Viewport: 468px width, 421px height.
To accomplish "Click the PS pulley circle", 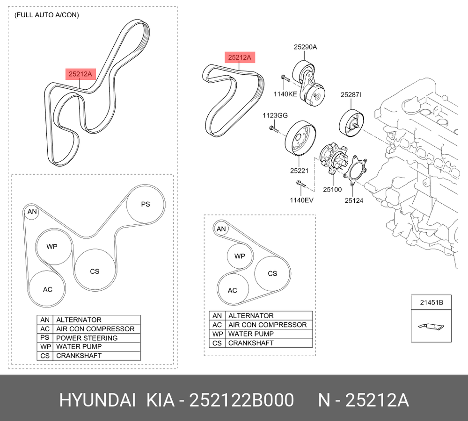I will coord(146,204).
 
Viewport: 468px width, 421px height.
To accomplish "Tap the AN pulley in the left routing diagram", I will coord(32,213).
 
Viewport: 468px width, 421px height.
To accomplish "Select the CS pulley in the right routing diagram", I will coord(272,274).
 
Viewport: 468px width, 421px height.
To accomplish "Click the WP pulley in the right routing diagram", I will coord(240,256).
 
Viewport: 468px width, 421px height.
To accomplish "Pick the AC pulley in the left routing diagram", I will coord(48,289).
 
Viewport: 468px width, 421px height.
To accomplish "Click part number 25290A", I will coord(306,47).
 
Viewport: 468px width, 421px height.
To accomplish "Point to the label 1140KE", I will coord(285,94).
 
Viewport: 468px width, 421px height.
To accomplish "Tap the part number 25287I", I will coord(351,94).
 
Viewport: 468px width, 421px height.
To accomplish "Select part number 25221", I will coord(299,171).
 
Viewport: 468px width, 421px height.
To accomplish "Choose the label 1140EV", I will coord(302,200).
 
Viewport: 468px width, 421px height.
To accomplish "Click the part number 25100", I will coord(332,190).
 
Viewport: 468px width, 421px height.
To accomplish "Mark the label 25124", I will coord(354,200).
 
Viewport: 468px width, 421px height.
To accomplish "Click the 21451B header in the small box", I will coord(431,303).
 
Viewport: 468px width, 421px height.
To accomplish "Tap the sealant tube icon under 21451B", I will coord(431,326).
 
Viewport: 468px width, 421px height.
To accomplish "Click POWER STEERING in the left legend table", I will coord(87,338).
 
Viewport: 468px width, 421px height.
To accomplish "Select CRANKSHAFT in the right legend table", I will coord(251,343).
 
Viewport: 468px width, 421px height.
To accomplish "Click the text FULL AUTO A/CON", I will coord(47,15).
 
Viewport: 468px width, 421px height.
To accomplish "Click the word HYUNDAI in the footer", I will coord(97,400).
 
